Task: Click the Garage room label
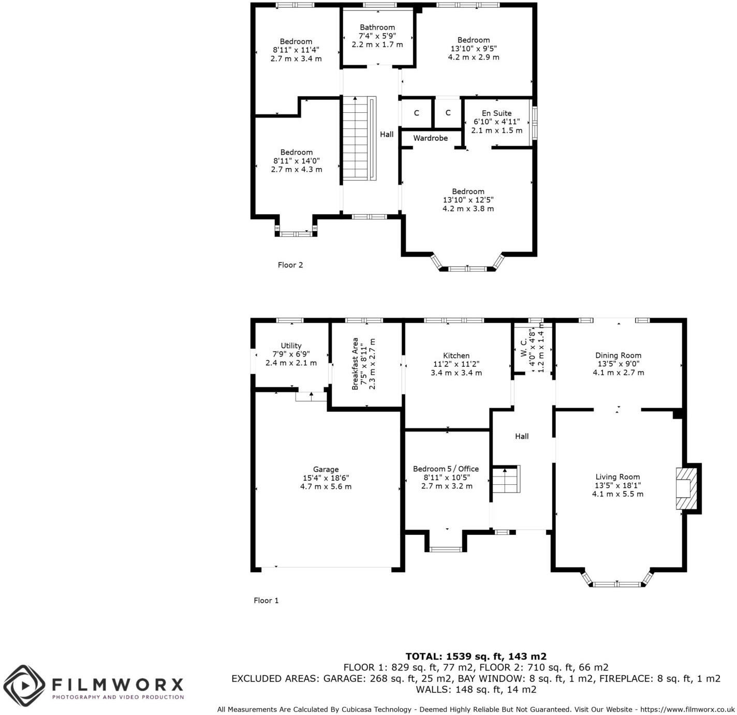tap(326, 469)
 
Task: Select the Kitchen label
tap(456, 355)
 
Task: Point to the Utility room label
tap(291, 346)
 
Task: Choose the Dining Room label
tap(618, 355)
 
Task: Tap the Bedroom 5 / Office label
tap(446, 469)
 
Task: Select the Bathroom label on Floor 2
tap(377, 27)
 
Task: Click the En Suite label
tap(496, 113)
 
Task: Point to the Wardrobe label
tap(430, 138)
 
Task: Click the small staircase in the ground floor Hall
tap(505, 480)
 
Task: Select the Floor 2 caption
tap(290, 265)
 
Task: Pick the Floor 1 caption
tap(266, 601)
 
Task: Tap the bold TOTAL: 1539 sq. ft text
tap(476, 657)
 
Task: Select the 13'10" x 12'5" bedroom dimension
tap(468, 200)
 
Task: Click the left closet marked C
tap(416, 113)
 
